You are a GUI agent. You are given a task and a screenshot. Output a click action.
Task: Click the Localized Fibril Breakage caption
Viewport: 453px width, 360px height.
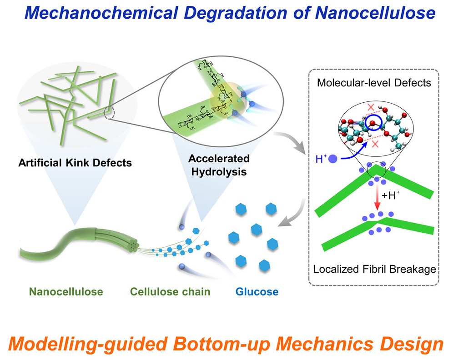tap(374, 269)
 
